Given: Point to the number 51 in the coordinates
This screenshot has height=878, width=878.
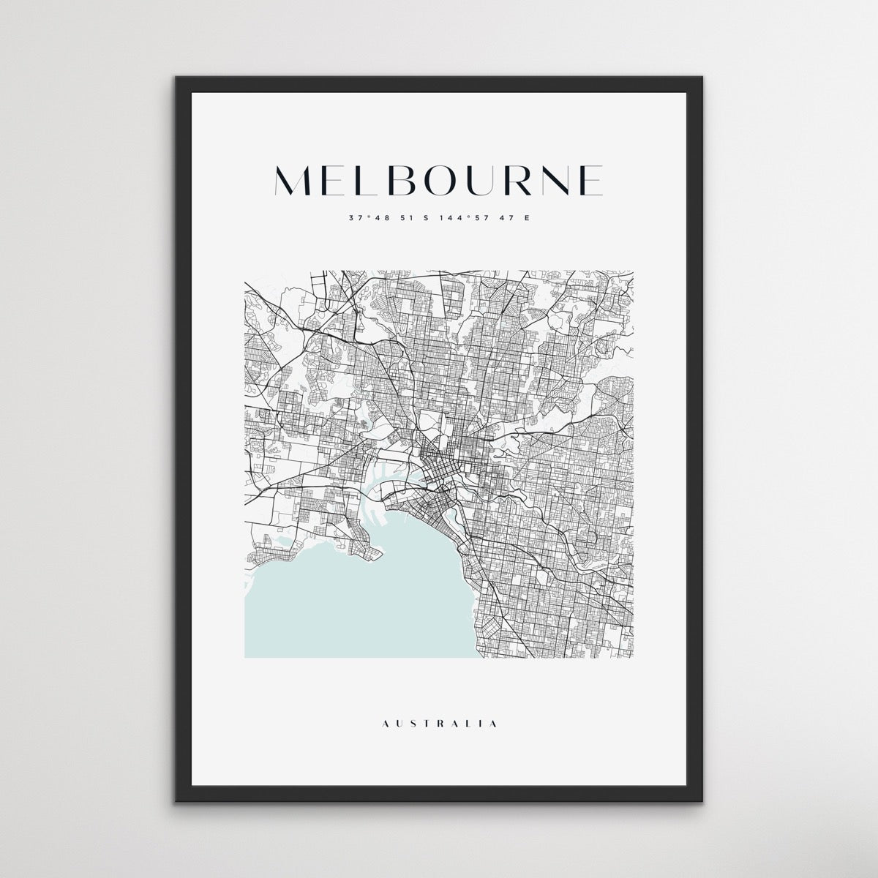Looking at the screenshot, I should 402,218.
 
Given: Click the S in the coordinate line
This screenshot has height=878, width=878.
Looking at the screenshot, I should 423,218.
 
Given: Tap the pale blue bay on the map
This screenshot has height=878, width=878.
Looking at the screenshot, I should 366,600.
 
